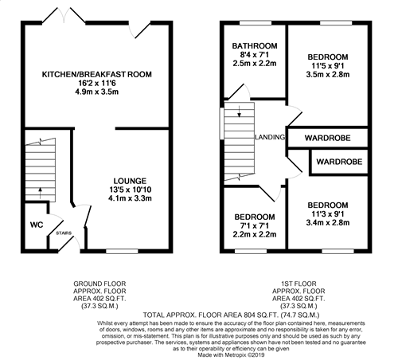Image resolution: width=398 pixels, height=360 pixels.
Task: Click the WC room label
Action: pyautogui.click(x=35, y=225)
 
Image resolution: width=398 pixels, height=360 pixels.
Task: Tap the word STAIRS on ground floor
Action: pyautogui.click(x=64, y=233)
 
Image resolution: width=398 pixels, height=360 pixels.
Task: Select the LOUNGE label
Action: pyautogui.click(x=129, y=181)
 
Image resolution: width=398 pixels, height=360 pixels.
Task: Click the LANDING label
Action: pyautogui.click(x=270, y=138)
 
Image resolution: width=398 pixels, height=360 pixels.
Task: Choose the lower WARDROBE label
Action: pyautogui.click(x=339, y=162)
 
